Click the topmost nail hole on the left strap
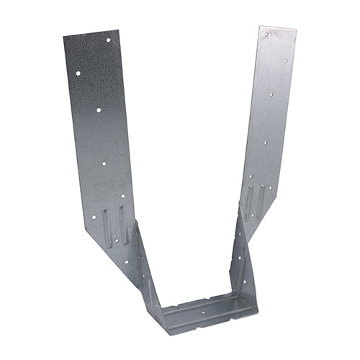(109, 40)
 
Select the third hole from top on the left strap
(99, 110)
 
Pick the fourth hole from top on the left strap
(104, 164)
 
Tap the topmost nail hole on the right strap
(266, 34)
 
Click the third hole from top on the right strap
(271, 94)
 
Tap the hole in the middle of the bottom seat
(202, 313)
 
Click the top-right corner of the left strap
(117, 30)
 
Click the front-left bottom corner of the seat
(167, 333)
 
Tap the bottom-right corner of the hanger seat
(257, 311)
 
